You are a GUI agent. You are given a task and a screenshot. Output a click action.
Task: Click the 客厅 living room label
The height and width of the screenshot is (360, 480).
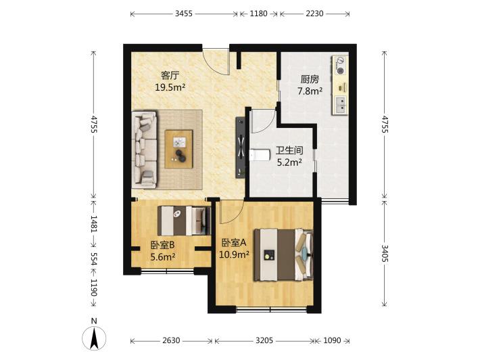170,75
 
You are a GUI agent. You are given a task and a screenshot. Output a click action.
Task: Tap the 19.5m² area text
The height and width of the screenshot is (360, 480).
170,87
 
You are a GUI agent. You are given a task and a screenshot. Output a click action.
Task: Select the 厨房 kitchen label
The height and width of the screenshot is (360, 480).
310,79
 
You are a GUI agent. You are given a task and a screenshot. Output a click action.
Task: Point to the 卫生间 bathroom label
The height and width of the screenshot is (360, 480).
289,150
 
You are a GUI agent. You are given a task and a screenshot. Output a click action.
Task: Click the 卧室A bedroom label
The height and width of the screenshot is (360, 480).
234,243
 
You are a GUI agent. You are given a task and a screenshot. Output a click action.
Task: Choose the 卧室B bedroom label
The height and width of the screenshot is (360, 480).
162,245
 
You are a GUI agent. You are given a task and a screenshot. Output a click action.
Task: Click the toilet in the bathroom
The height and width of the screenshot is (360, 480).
259,155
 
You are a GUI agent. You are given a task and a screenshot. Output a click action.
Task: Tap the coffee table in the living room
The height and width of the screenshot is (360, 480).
178,149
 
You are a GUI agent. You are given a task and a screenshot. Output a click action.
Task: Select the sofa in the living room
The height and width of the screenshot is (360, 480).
144,149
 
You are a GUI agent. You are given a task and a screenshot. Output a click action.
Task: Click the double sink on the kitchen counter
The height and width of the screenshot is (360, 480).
341,104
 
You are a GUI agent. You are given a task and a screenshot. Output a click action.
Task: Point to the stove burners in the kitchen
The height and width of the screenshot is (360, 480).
340,66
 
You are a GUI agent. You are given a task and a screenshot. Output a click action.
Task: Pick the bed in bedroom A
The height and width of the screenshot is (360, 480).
283,255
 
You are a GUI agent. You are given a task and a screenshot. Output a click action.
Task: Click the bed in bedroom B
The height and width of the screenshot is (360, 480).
185,221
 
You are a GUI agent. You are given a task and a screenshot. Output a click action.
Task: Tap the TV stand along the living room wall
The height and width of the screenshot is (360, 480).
240,148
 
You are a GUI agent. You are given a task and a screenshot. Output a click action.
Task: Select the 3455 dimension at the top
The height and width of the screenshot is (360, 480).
184,14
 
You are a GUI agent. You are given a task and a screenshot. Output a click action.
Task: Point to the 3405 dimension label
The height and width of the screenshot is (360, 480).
385,253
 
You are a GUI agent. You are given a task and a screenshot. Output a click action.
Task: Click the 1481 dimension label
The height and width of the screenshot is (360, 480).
93,224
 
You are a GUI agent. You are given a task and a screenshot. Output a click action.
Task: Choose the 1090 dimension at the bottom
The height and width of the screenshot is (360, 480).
332,340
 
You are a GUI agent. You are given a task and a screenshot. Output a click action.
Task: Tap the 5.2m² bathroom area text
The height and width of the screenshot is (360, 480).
289,162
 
